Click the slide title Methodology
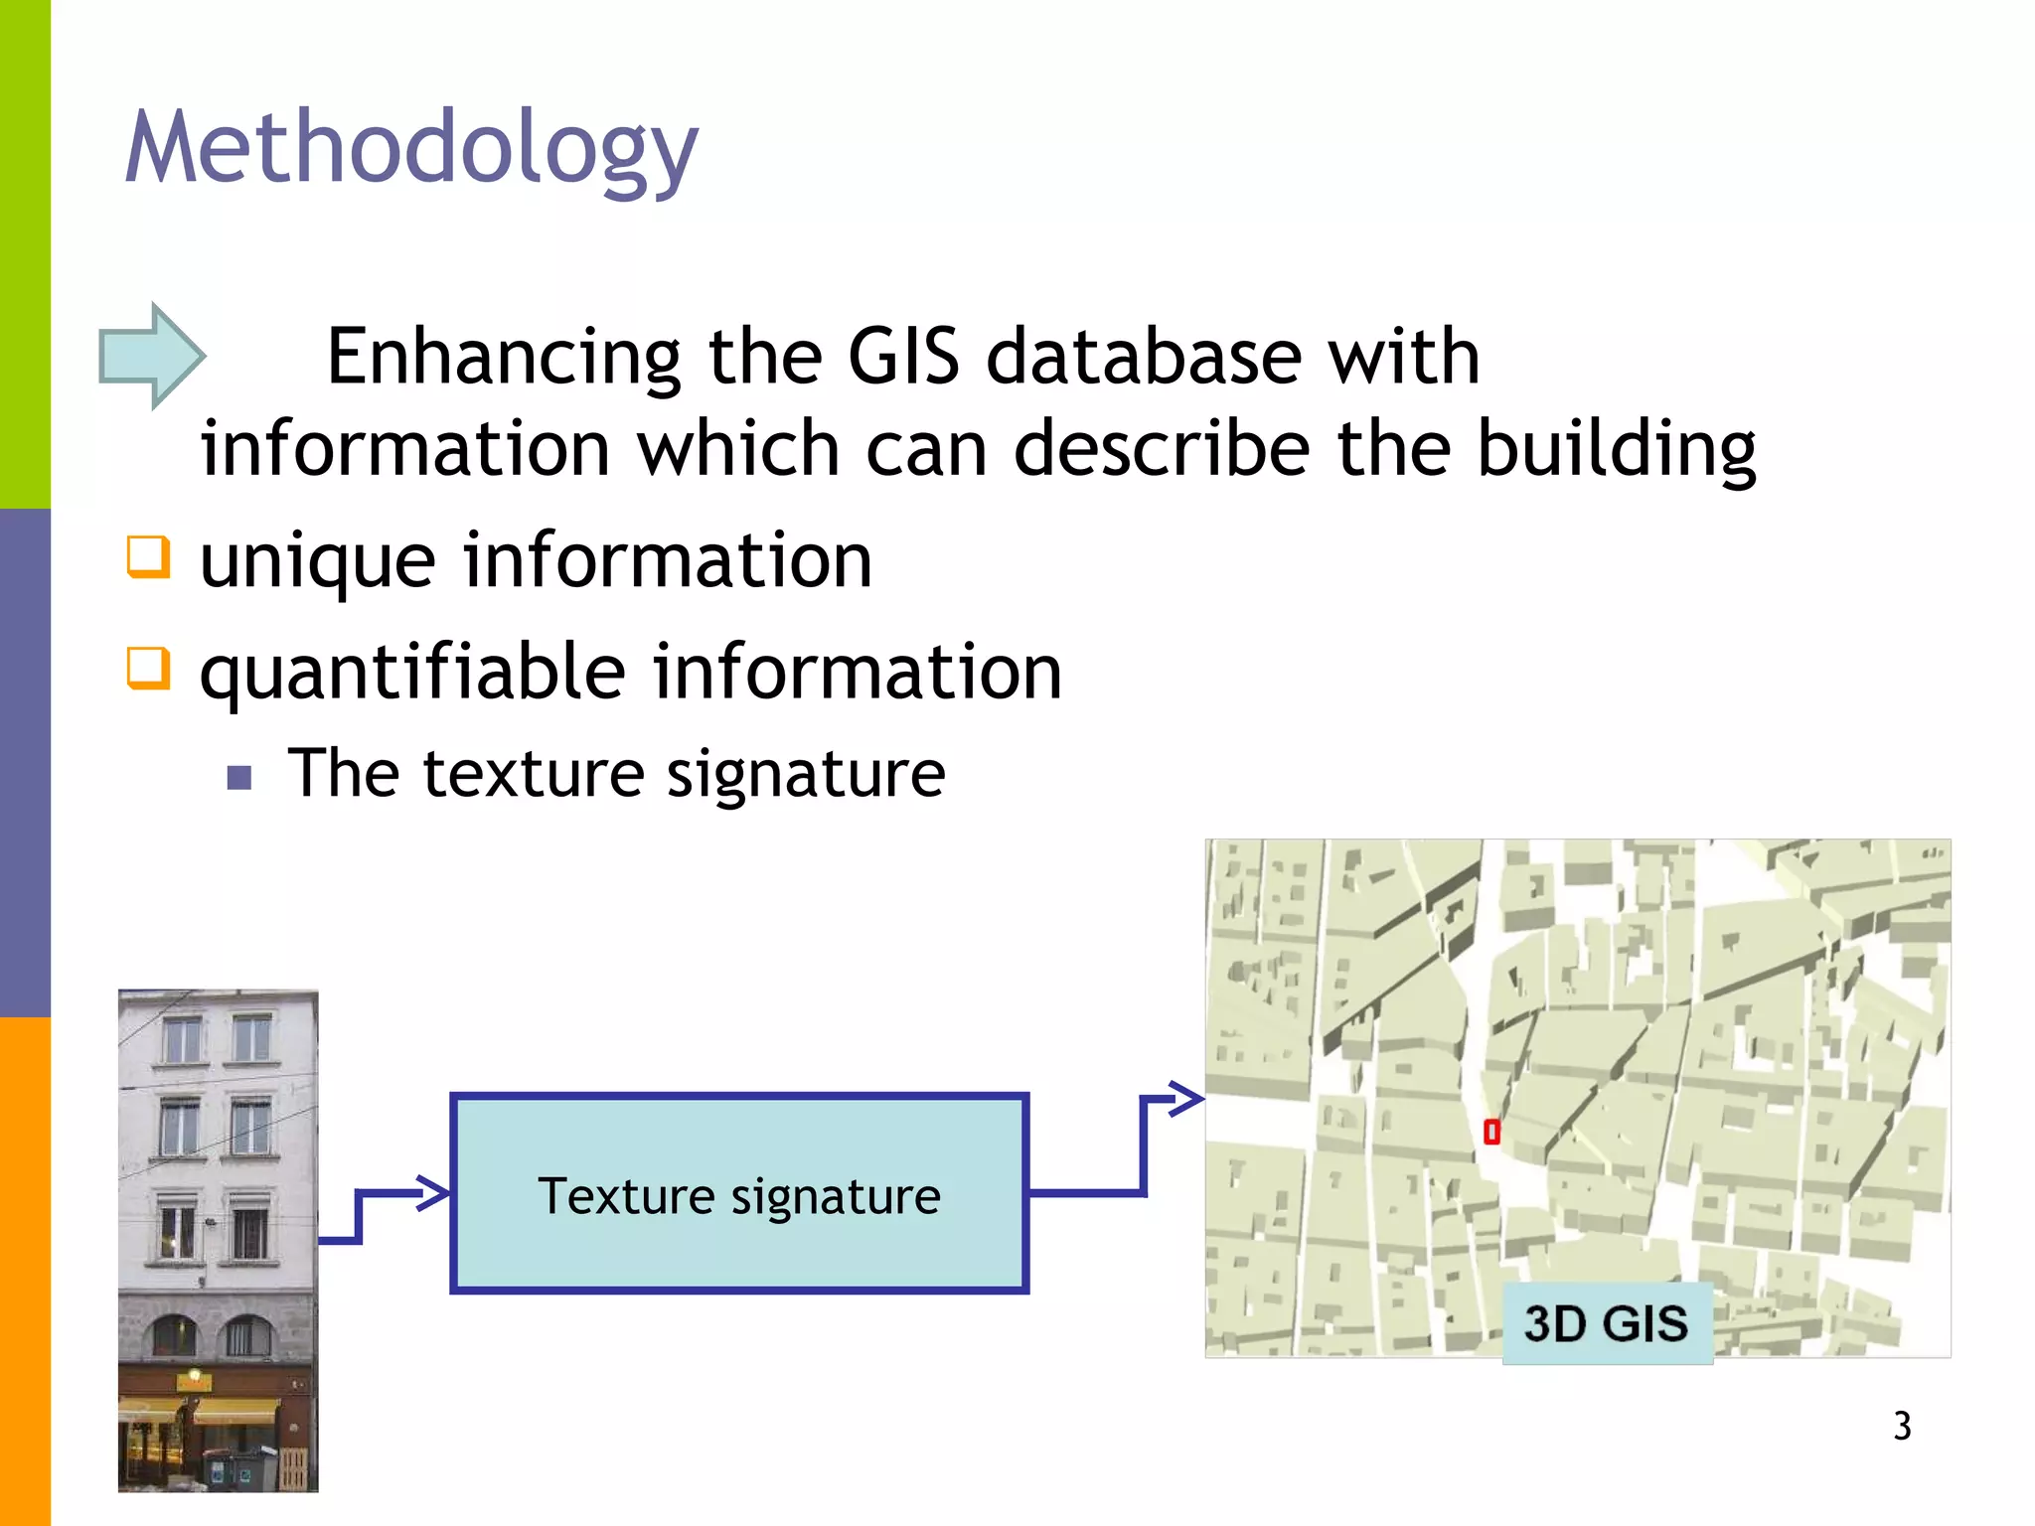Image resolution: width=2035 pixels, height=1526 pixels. (411, 149)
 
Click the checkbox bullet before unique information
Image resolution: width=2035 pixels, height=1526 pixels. (148, 556)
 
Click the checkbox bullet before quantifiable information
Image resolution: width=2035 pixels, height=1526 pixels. (148, 668)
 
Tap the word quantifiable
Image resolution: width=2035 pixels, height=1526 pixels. (411, 674)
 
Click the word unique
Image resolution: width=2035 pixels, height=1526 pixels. (317, 562)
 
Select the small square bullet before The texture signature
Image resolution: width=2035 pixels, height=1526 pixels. (238, 776)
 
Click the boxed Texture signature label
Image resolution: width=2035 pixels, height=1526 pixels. (738, 1195)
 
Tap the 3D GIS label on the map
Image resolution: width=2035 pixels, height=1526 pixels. (1606, 1323)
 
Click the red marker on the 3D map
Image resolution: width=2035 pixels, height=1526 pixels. (1490, 1132)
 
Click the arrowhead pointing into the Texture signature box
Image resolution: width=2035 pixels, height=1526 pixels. (434, 1192)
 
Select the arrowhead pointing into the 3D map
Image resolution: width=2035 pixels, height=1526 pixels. (1186, 1099)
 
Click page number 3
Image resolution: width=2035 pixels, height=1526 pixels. (1901, 1426)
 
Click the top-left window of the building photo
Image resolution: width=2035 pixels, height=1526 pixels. (182, 1039)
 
